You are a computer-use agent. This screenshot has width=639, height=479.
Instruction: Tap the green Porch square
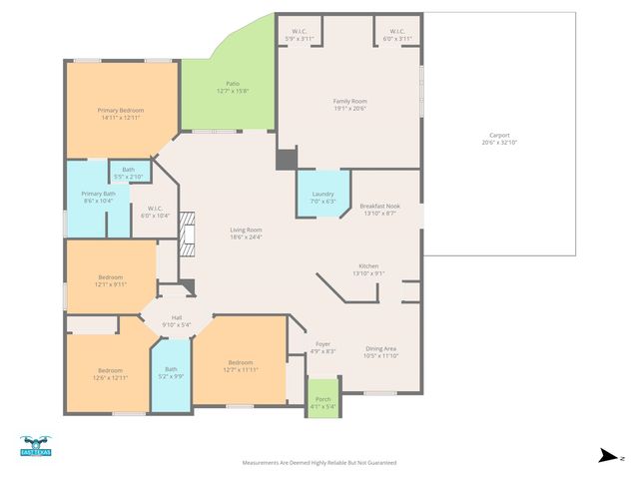tap(321, 399)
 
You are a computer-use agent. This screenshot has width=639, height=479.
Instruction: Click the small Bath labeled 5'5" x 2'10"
tap(129, 172)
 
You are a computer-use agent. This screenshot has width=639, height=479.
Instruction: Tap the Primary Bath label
tap(98, 197)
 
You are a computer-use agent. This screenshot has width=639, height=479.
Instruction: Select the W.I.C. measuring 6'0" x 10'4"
tap(155, 212)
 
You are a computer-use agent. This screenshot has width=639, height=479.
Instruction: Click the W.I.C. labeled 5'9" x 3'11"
tap(299, 35)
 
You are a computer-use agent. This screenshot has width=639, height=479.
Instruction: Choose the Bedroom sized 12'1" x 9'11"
tap(110, 279)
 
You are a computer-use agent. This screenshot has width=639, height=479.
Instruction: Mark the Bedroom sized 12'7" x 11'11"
tap(240, 365)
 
